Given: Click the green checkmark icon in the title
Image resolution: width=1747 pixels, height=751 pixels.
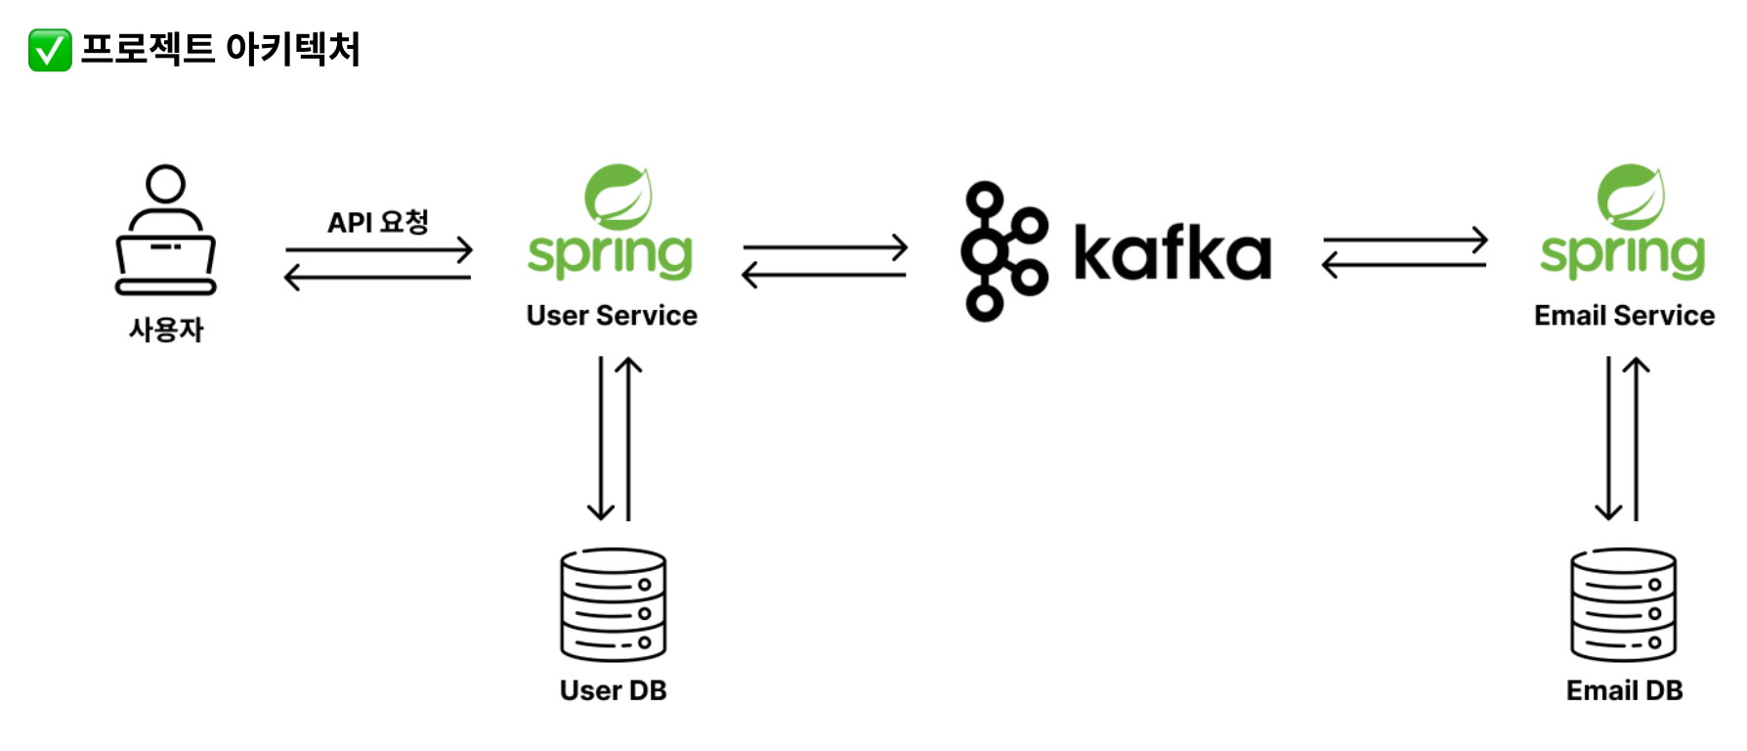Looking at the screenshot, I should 50,50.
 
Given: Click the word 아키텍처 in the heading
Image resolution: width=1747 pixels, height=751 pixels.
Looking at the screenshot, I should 292,49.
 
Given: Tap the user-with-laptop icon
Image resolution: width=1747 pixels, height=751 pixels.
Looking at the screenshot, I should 166,230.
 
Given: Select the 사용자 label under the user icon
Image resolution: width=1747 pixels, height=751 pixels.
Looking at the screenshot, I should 166,330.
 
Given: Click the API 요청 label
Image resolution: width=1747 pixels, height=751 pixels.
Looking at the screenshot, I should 378,223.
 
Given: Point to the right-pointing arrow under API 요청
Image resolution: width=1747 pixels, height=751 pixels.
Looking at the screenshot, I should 379,250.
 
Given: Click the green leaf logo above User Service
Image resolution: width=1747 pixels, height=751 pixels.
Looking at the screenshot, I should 618,196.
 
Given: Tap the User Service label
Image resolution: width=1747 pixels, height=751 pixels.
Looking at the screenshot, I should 612,316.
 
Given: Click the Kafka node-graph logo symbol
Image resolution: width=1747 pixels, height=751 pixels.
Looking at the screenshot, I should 1002,251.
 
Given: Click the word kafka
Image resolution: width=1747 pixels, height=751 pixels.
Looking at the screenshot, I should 1172,252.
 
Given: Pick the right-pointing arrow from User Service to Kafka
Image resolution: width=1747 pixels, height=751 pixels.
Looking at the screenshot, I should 826,247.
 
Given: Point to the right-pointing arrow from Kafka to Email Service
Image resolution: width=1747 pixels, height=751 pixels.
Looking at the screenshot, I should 1405,241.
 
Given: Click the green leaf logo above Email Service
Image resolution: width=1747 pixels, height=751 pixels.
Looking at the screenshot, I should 1631,196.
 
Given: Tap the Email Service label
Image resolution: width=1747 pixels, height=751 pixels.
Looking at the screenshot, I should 1624,316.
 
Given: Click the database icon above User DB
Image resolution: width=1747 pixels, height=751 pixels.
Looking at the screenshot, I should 614,604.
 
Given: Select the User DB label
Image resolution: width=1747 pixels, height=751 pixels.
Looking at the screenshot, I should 614,690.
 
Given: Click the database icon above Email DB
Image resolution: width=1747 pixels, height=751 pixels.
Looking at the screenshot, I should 1624,604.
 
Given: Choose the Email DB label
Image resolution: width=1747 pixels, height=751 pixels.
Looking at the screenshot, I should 1624,690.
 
